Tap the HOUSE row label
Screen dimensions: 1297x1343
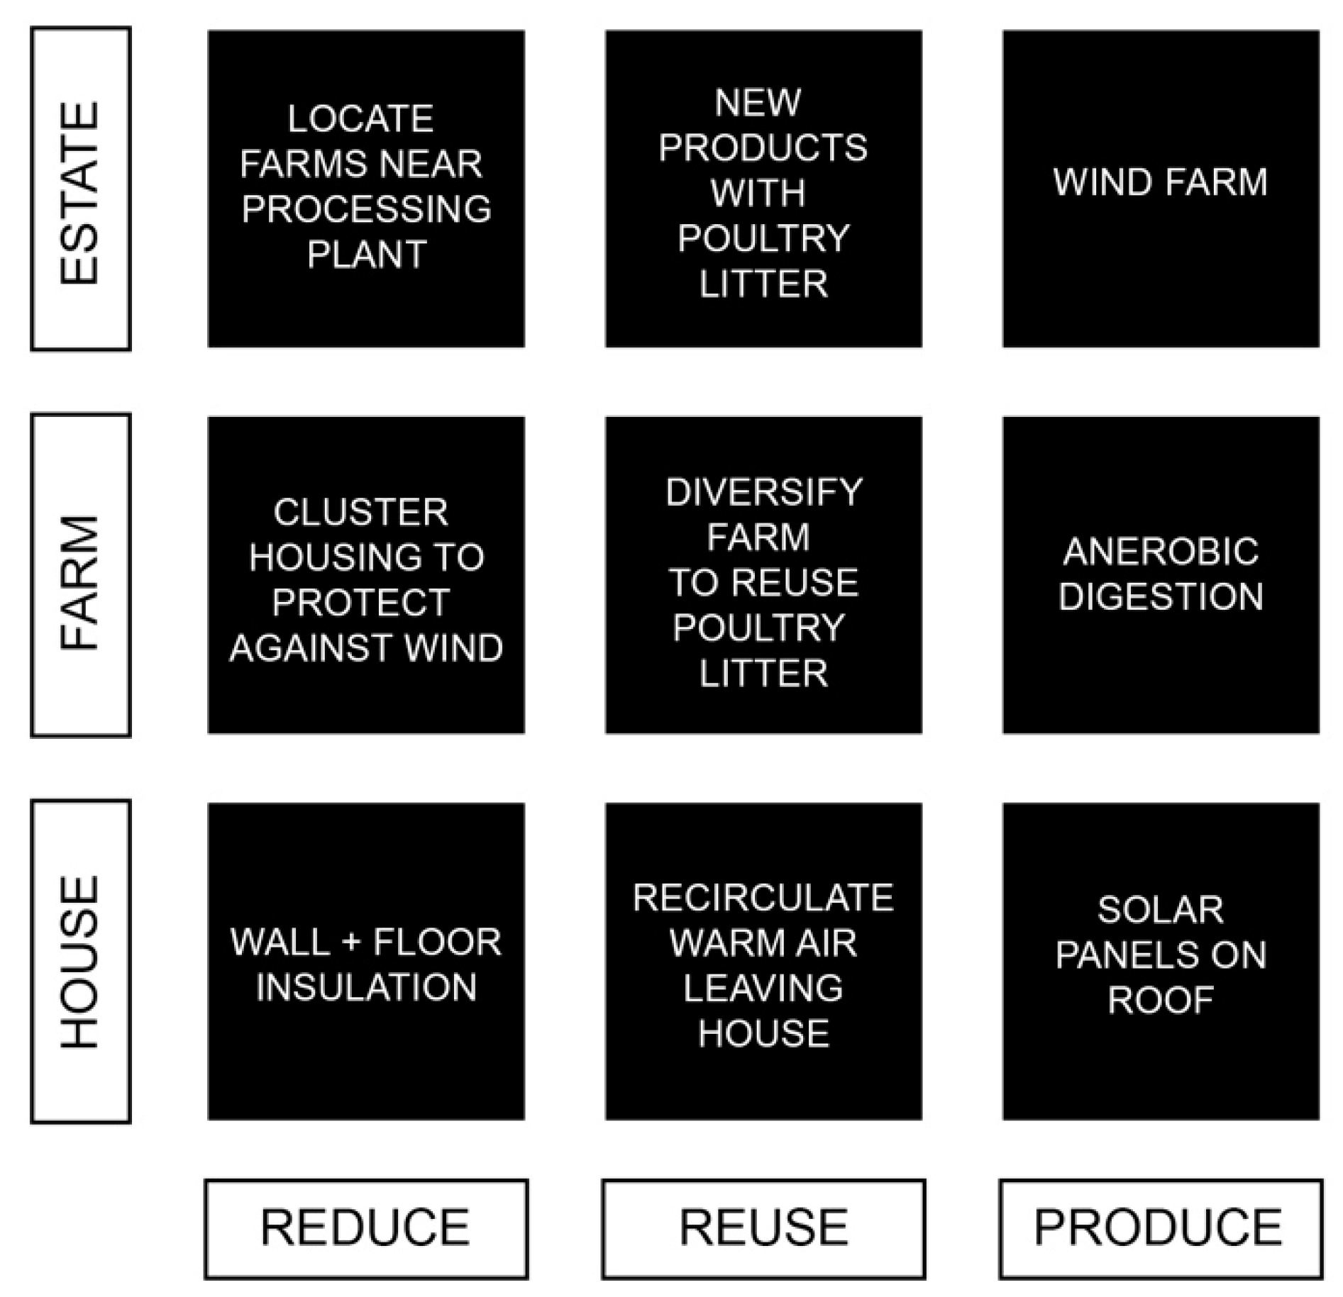pyautogui.click(x=80, y=962)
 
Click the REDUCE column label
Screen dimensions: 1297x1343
pyautogui.click(x=366, y=1228)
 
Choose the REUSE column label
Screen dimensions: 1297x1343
pyautogui.click(x=763, y=1228)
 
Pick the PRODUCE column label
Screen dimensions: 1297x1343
pyautogui.click(x=1160, y=1228)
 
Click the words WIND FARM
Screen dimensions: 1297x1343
pyautogui.click(x=1160, y=182)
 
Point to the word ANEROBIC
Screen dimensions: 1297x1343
pyautogui.click(x=1160, y=551)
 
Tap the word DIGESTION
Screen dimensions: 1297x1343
pyautogui.click(x=1160, y=596)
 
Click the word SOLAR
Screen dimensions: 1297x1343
pyautogui.click(x=1160, y=910)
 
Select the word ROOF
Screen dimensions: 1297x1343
pyautogui.click(x=1160, y=1001)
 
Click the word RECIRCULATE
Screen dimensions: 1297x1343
pyautogui.click(x=763, y=898)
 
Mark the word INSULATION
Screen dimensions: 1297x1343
pyautogui.click(x=366, y=987)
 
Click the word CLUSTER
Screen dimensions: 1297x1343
pyautogui.click(x=360, y=512)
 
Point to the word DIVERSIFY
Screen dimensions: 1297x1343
pyautogui.click(x=763, y=492)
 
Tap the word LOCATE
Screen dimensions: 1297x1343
pyautogui.click(x=360, y=118)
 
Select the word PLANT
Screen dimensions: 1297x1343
pyautogui.click(x=366, y=254)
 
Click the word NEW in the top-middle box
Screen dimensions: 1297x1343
pyautogui.click(x=758, y=103)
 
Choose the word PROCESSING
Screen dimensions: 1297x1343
pyautogui.click(x=366, y=208)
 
